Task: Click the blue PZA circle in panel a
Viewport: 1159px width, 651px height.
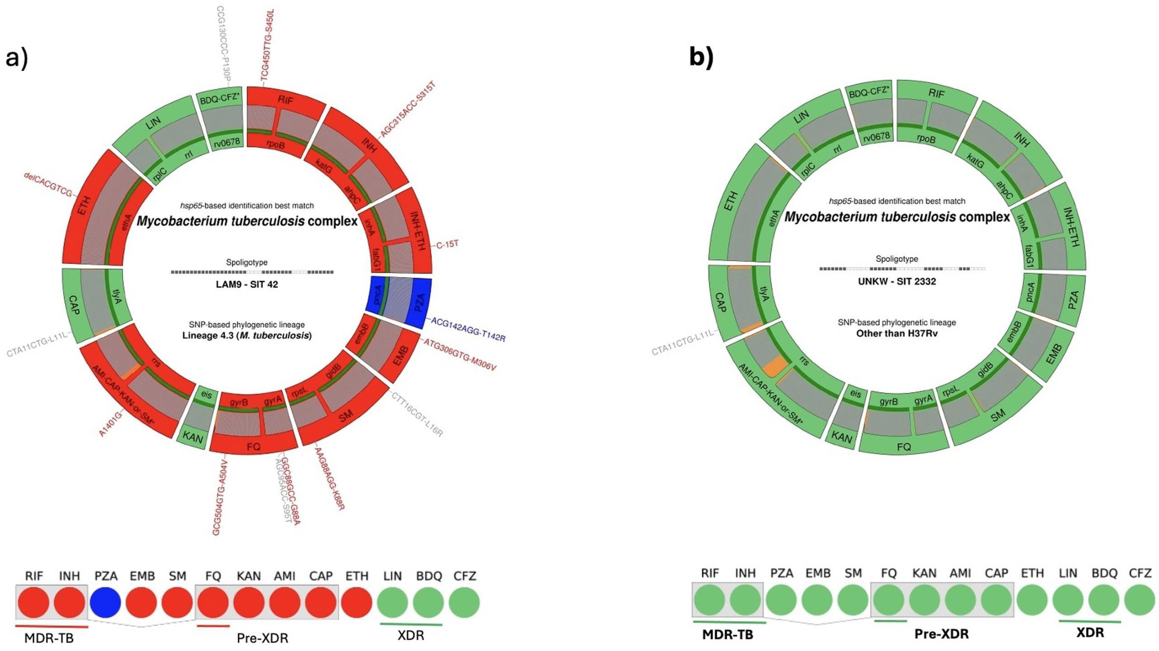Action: [x=105, y=602]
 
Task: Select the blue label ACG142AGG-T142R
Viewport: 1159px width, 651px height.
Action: [x=468, y=330]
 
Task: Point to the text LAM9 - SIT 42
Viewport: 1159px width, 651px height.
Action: [x=247, y=284]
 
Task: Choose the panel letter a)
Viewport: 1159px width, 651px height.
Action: [x=17, y=58]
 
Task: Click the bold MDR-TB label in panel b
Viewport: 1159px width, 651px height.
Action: [x=727, y=635]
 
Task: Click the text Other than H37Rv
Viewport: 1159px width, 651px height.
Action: [x=897, y=334]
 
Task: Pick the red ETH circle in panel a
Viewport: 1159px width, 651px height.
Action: [x=356, y=602]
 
